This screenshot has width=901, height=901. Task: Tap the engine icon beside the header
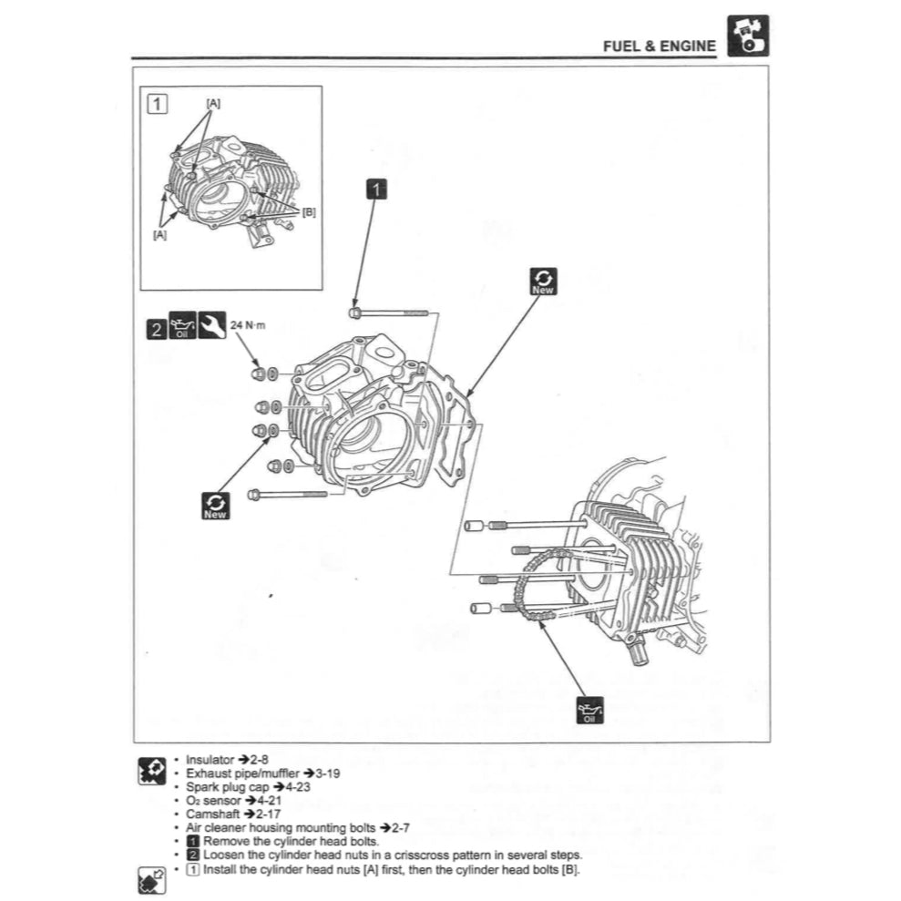(747, 37)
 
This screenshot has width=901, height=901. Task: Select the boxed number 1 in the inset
(158, 103)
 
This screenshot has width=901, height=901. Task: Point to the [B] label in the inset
(308, 212)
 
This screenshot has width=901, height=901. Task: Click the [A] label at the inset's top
(212, 103)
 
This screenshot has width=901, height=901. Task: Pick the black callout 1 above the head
(376, 189)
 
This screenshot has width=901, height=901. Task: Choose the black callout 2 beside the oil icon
(157, 328)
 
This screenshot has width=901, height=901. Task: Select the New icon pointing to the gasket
(543, 282)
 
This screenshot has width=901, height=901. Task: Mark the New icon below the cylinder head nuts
(216, 506)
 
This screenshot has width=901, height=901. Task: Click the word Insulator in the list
(210, 759)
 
